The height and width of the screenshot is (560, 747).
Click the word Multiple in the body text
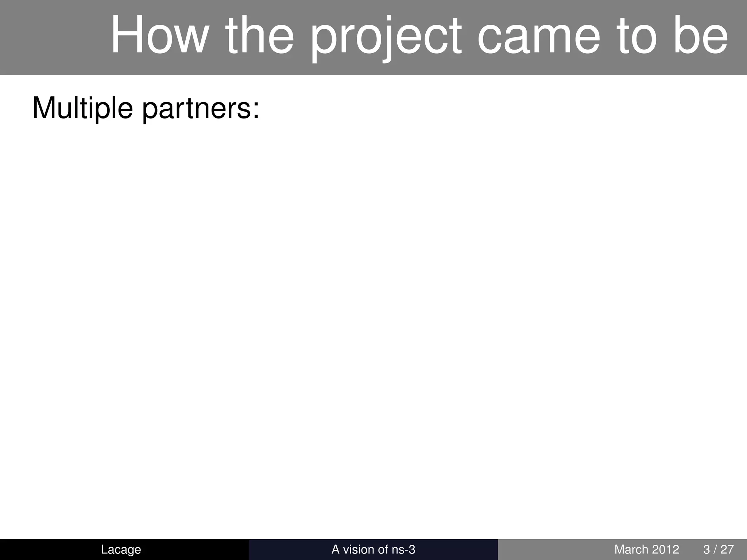[x=82, y=108]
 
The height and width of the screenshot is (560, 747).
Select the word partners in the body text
[x=197, y=109]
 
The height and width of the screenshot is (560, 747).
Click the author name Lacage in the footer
[x=121, y=549]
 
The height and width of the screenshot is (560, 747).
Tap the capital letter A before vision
[x=335, y=549]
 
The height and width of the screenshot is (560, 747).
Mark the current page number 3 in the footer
[x=707, y=549]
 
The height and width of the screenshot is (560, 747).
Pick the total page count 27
[x=727, y=549]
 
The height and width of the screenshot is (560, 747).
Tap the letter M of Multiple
[x=42, y=108]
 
